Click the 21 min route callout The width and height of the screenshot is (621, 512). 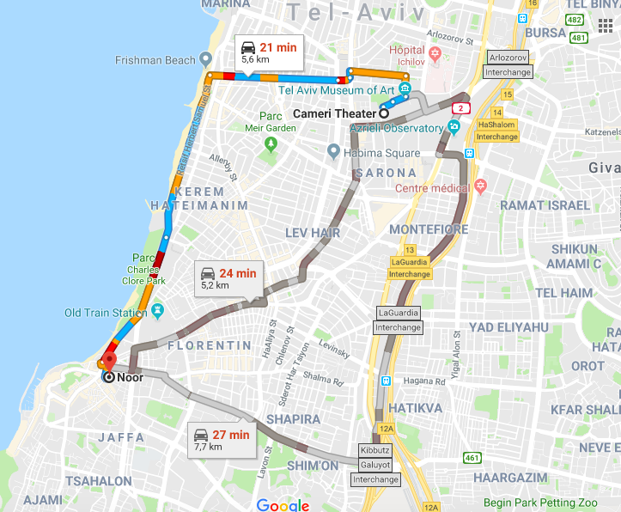267,53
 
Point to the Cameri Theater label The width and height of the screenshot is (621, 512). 335,113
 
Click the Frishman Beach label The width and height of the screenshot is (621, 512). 155,60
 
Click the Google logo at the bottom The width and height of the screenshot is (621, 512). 283,505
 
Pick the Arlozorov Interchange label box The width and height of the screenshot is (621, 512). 508,64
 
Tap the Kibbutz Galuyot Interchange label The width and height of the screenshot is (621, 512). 375,465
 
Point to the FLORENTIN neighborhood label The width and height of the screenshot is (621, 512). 209,345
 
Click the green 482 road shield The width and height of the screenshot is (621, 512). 575,19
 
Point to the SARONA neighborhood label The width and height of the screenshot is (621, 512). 392,173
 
